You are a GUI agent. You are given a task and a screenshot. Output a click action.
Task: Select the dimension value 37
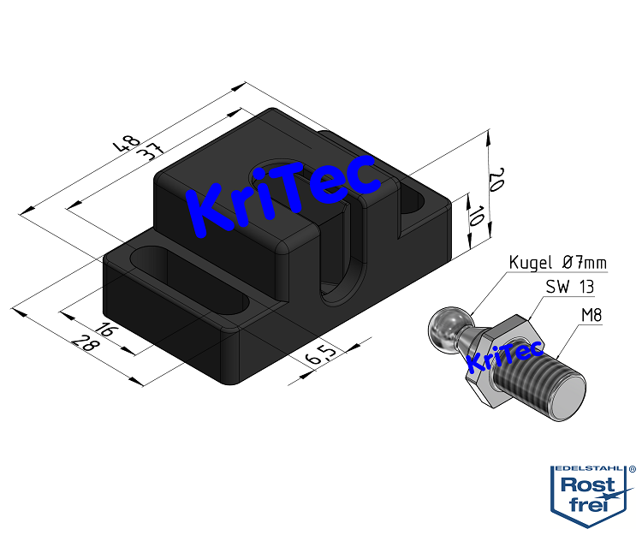coord(146,152)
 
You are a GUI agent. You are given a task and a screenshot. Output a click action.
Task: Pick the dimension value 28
coord(88,345)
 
